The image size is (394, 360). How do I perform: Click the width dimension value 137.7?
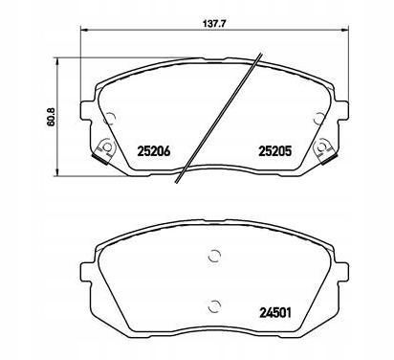pyautogui.click(x=212, y=23)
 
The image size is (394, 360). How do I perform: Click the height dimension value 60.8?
pyautogui.click(x=52, y=117)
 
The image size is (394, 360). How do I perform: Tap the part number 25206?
pyautogui.click(x=154, y=151)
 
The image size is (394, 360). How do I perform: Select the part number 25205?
pyautogui.click(x=275, y=151)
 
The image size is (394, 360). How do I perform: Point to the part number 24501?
pyautogui.click(x=275, y=313)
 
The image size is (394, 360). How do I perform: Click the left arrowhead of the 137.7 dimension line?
pyautogui.click(x=83, y=30)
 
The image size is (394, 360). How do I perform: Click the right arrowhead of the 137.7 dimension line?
pyautogui.click(x=345, y=30)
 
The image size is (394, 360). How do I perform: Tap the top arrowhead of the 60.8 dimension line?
pyautogui.click(x=57, y=62)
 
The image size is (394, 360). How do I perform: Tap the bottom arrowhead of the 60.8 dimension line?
pyautogui.click(x=57, y=171)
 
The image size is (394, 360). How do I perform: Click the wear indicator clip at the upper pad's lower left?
pyautogui.click(x=104, y=150)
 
